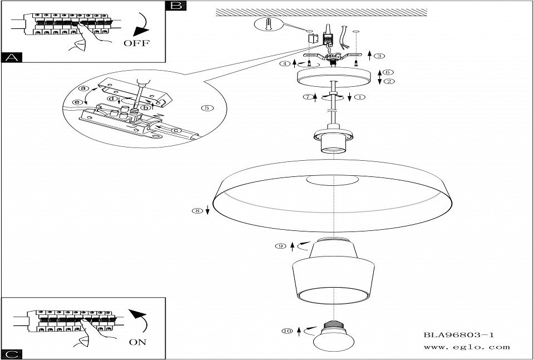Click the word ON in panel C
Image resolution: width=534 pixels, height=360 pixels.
click(138, 342)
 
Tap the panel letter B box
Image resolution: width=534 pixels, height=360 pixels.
click(176, 6)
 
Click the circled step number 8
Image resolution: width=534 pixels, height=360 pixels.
click(195, 210)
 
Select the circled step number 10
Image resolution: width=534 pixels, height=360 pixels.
click(286, 332)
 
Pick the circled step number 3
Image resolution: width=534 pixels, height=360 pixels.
click(379, 56)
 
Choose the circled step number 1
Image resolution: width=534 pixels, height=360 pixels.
click(359, 97)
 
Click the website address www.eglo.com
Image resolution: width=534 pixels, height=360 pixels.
click(466, 347)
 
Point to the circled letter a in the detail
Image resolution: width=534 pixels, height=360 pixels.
click(84, 88)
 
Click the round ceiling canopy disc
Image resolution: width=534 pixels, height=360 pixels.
click(333, 78)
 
